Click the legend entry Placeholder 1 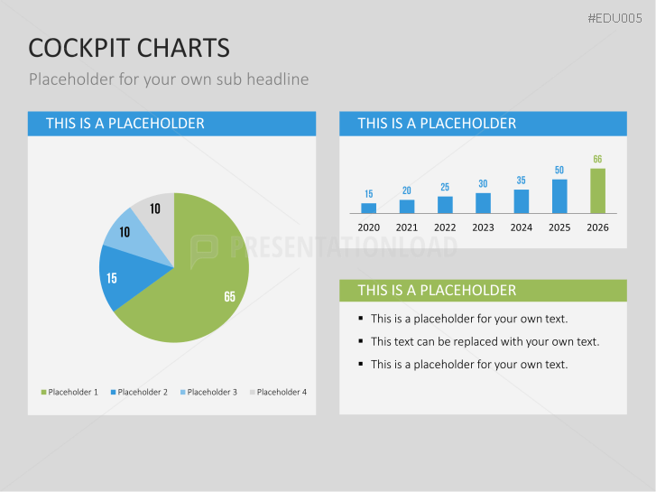click(69, 392)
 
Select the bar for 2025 click(559, 196)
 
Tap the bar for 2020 click(368, 208)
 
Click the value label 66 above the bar click(597, 160)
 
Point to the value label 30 click(483, 183)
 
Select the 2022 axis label click(445, 227)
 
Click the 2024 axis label click(521, 227)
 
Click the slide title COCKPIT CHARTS click(129, 48)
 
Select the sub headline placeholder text click(169, 79)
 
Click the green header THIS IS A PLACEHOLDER click(437, 290)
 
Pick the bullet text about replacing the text click(485, 341)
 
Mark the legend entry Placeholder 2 click(139, 392)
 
